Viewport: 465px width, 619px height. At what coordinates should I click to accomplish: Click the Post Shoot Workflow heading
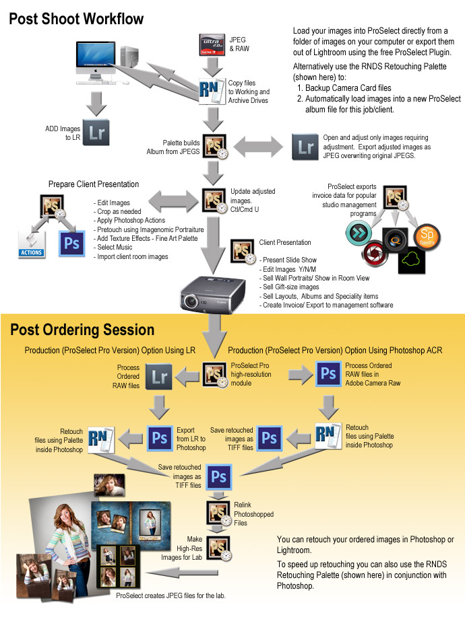coord(76,18)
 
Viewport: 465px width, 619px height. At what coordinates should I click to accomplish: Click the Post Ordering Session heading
coord(82,330)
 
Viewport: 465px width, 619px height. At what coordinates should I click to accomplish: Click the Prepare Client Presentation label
coord(94,184)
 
